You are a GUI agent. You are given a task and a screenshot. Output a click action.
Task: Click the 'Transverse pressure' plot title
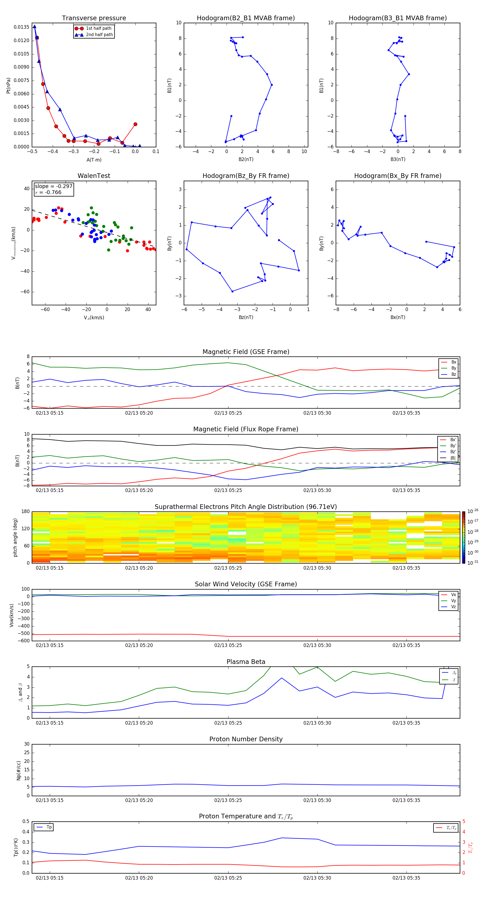(x=94, y=18)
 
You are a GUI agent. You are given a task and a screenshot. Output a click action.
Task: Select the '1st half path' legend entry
(x=98, y=28)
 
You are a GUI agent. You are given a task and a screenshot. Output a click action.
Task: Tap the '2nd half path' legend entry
(x=99, y=35)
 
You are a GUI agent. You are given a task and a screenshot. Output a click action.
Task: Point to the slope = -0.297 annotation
(x=54, y=186)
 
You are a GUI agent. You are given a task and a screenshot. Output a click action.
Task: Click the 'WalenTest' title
(x=94, y=176)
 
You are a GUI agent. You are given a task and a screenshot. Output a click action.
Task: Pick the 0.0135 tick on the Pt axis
(x=21, y=27)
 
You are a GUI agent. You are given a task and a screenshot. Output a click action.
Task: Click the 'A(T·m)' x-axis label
(x=94, y=160)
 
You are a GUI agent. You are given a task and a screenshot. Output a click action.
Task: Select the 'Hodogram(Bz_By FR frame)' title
(x=246, y=176)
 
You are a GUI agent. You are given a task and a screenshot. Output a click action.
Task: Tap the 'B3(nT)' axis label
(x=398, y=159)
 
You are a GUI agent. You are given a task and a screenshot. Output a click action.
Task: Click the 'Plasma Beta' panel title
(x=246, y=662)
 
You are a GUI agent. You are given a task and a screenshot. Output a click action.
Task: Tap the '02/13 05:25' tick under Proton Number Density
(x=228, y=800)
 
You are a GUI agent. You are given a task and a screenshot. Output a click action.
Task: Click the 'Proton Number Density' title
(x=246, y=739)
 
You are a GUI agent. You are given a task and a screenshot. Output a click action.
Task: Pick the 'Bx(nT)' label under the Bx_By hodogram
(x=398, y=317)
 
